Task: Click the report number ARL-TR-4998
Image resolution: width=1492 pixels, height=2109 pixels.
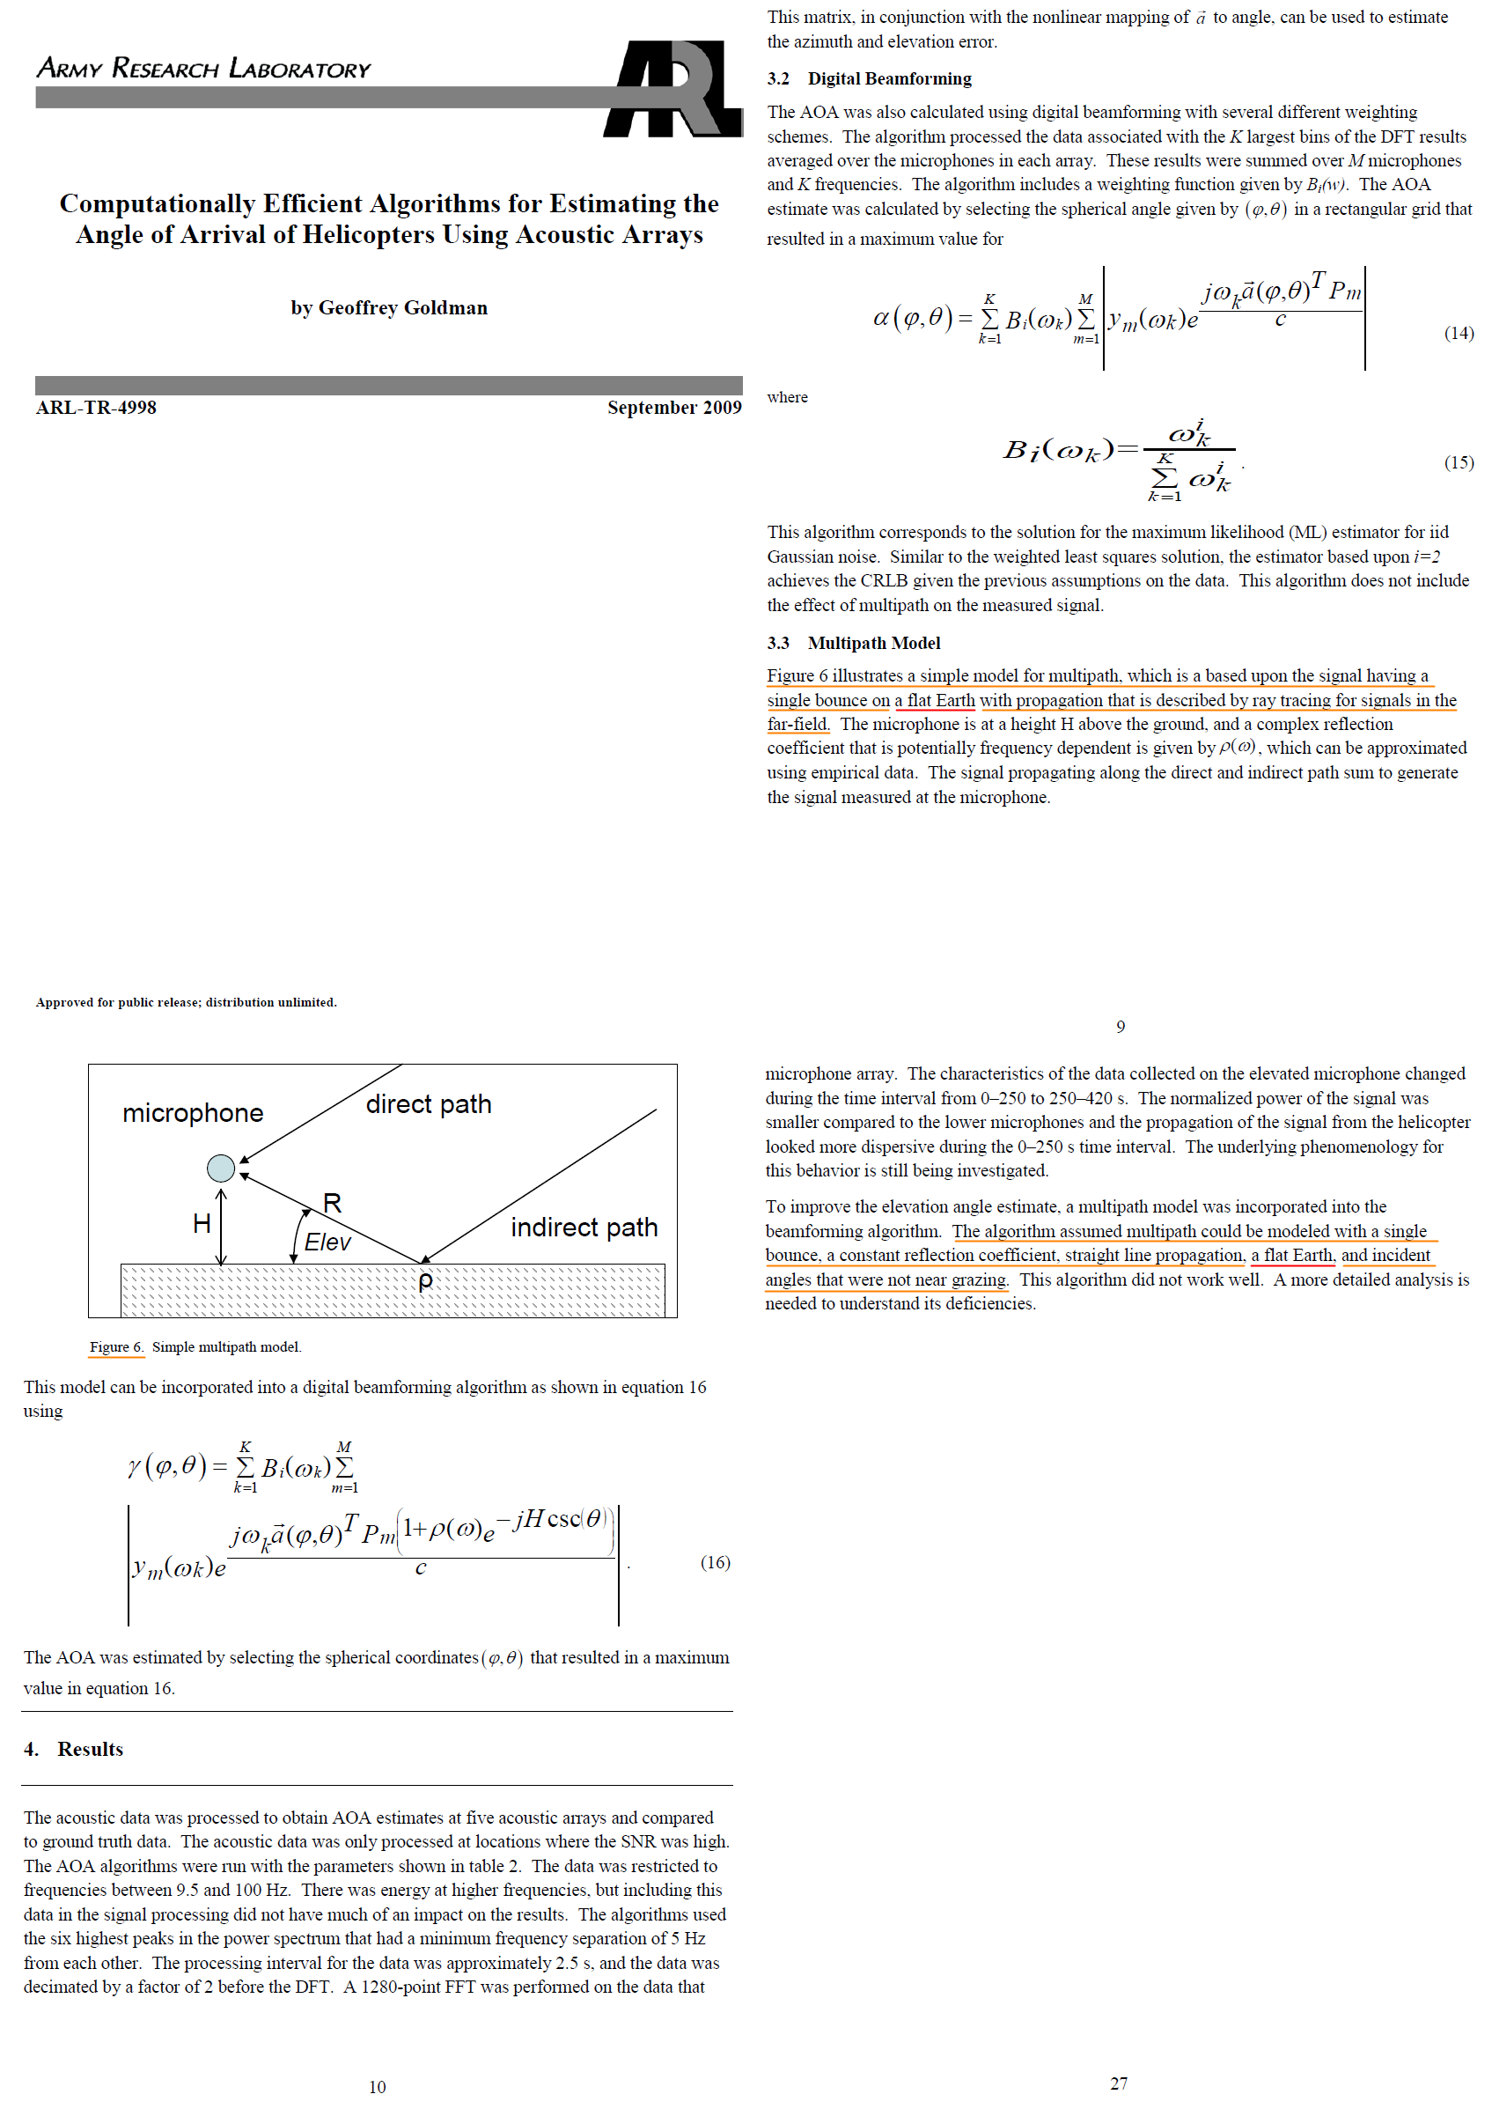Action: point(97,407)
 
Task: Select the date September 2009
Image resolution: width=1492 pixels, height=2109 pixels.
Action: point(673,407)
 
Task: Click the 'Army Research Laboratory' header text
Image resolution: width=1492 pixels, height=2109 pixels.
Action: point(203,69)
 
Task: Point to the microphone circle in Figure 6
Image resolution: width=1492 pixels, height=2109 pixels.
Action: point(220,1168)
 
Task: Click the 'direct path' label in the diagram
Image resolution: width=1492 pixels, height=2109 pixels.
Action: point(428,1103)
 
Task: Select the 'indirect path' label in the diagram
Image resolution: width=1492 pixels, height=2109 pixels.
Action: point(584,1227)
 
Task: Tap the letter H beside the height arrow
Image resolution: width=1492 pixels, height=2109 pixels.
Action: point(202,1223)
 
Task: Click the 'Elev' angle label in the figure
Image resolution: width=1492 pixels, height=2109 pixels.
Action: point(327,1242)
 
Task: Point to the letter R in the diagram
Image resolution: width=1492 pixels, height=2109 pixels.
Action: point(332,1203)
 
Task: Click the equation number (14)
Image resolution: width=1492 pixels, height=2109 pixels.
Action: point(1458,333)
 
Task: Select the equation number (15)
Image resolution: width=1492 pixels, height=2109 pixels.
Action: point(1458,462)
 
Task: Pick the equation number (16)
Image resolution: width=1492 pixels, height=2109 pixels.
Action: point(715,1562)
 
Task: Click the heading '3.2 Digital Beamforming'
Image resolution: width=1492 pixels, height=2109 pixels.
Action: point(869,79)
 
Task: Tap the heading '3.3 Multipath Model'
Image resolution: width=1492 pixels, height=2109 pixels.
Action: point(854,644)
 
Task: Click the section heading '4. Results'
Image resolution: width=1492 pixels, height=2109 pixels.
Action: point(73,1749)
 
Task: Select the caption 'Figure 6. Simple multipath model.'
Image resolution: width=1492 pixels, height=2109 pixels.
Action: point(195,1347)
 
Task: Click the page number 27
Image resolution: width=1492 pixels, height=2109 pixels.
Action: point(1118,2083)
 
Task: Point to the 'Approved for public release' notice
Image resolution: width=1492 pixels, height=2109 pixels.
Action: point(186,1003)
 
